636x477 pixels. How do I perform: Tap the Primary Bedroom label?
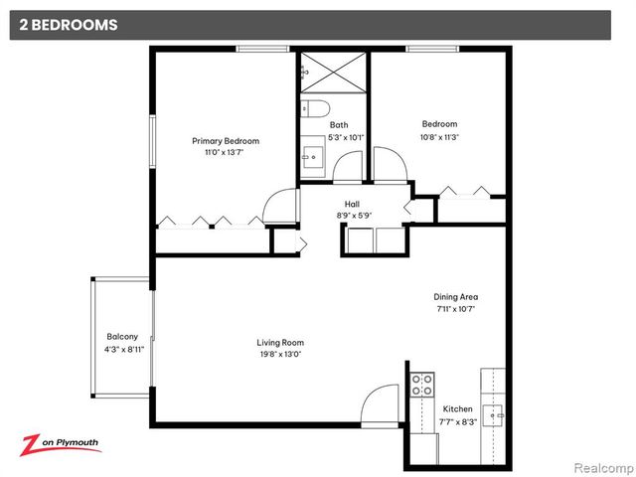226,141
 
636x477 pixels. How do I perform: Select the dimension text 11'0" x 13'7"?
226,153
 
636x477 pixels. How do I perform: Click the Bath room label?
339,124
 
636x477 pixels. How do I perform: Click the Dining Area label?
456,296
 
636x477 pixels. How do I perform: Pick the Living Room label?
281,342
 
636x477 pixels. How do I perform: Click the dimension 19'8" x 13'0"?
281,354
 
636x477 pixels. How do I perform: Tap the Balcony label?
123,336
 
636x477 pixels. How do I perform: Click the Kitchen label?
458,408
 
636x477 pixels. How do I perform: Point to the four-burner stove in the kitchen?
421,384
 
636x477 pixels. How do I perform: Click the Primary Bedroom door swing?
281,207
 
